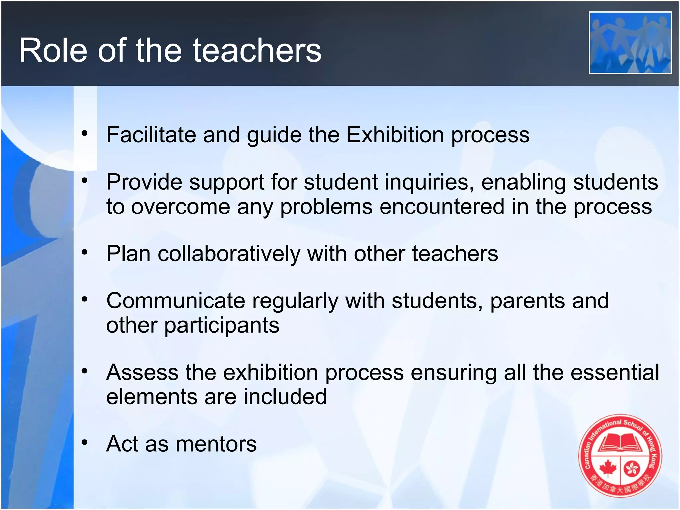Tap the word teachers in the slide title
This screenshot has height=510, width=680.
click(x=257, y=50)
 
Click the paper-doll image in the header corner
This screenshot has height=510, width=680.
click(x=630, y=42)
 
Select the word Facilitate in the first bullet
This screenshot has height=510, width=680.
click(x=151, y=135)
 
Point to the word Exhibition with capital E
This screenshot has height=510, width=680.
click(x=395, y=135)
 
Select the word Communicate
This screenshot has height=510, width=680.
click(x=176, y=301)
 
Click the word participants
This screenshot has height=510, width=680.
click(x=221, y=325)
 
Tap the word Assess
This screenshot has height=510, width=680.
click(x=142, y=372)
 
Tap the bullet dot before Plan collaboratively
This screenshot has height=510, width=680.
click(x=85, y=252)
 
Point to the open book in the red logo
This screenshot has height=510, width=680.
click(x=621, y=443)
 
